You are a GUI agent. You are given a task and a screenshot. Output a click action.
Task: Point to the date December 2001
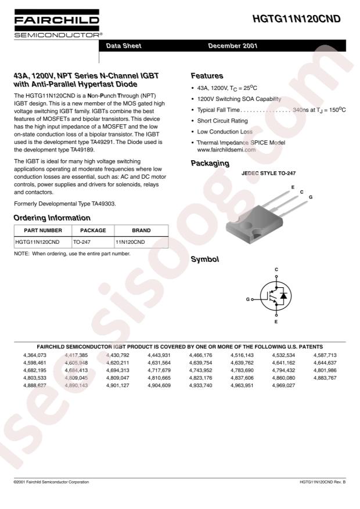click(233, 46)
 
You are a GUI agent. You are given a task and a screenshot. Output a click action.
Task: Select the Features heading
click(207, 76)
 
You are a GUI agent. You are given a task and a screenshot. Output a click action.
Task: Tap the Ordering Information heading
click(52, 218)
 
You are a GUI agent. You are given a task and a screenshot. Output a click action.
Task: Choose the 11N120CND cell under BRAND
click(131, 241)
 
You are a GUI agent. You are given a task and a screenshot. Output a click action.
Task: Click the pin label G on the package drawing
click(311, 197)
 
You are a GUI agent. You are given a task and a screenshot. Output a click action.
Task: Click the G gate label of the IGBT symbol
click(248, 299)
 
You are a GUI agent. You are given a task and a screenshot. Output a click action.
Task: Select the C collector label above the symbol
click(276, 270)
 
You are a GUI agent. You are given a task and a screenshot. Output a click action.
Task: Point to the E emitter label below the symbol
click(276, 321)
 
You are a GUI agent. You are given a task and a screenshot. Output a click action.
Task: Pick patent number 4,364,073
click(34, 355)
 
